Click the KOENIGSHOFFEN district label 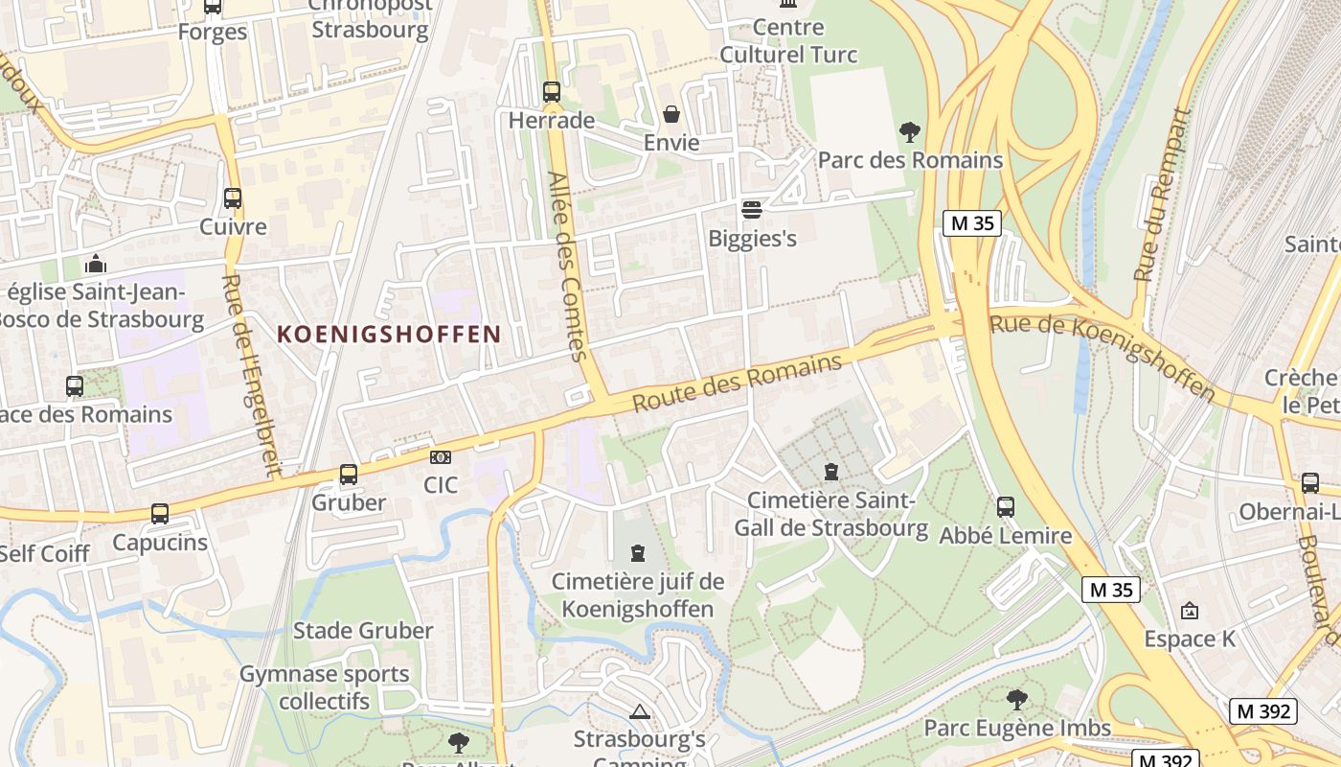coord(389,335)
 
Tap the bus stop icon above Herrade coord(552,92)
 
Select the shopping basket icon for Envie coord(671,115)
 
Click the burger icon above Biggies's coord(752,209)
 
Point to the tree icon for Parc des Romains coord(909,132)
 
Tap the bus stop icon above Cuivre coord(233,198)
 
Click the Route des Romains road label coord(738,383)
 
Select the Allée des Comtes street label coord(567,267)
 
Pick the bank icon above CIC coord(441,457)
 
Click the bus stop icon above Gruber coord(349,475)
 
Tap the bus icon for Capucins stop coord(160,514)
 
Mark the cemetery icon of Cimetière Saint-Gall coord(830,472)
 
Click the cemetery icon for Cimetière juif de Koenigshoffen coord(638,553)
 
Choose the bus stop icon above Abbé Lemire coord(1006,507)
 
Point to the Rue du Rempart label coord(1161,196)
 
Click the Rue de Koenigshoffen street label coord(1102,356)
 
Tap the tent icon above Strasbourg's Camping coord(640,711)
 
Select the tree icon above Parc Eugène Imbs coord(1017,700)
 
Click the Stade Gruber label coord(363,631)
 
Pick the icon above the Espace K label coord(1190,610)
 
